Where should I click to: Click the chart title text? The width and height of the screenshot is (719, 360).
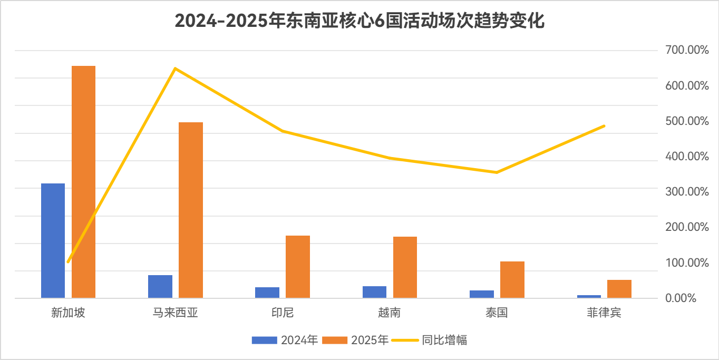(x=359, y=22)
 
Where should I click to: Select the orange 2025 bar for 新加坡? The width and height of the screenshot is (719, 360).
(x=83, y=182)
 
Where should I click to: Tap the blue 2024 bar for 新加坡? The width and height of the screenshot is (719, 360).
(x=53, y=240)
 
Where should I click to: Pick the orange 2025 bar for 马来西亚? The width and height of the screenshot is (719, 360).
(x=191, y=210)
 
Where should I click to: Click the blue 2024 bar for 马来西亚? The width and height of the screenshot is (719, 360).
(x=160, y=286)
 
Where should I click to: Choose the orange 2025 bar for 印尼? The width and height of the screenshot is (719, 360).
(x=298, y=267)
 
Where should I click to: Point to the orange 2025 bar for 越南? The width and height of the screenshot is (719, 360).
(x=405, y=267)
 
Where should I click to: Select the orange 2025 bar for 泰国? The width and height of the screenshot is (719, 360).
(x=512, y=279)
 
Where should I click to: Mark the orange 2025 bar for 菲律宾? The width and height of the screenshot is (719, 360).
(x=619, y=289)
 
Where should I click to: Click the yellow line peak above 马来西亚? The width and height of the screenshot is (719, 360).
(x=175, y=69)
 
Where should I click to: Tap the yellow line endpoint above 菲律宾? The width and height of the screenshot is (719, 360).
(x=604, y=125)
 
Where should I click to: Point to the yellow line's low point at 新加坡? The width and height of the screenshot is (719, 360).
(x=68, y=261)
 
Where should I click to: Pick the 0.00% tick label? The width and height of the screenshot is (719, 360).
(x=681, y=298)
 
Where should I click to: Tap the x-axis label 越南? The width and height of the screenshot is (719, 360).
(x=389, y=313)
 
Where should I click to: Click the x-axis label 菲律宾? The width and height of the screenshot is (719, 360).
(x=604, y=313)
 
